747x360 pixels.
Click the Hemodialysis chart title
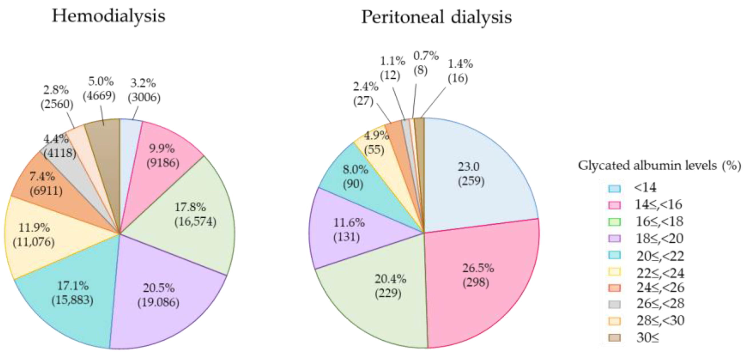[x=108, y=16]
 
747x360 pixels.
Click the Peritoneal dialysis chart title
[x=436, y=17]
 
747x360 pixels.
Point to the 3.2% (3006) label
[x=144, y=91]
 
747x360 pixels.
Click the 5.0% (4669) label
[x=99, y=89]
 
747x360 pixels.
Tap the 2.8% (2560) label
[x=57, y=97]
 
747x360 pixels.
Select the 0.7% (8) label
[x=425, y=63]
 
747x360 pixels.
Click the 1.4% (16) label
[x=460, y=71]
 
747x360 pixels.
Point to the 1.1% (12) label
[x=391, y=68]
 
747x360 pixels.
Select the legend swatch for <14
[x=614, y=189]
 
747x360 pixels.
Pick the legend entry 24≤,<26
[x=660, y=287]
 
